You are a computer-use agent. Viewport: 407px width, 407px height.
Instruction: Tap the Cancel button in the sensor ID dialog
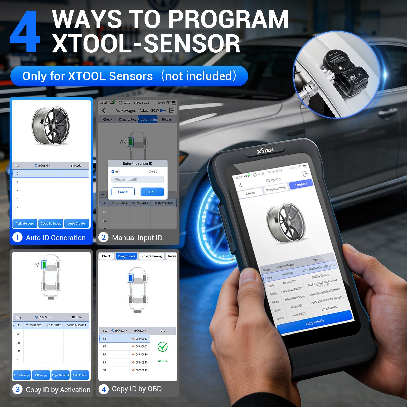click(x=123, y=192)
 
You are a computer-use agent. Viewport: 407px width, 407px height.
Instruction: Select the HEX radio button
click(x=113, y=172)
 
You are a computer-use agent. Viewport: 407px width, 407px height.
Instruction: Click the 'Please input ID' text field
click(x=137, y=180)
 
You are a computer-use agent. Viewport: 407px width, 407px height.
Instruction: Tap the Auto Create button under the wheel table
click(x=77, y=224)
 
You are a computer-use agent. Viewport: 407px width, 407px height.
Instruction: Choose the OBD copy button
click(x=41, y=375)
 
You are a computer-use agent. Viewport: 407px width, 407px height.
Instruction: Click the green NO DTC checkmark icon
click(x=163, y=347)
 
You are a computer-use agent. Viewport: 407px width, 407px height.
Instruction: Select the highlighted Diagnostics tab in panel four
click(x=126, y=256)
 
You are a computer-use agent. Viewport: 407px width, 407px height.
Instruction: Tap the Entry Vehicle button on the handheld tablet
click(x=315, y=322)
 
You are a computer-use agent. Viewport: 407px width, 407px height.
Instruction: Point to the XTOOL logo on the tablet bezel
click(x=266, y=151)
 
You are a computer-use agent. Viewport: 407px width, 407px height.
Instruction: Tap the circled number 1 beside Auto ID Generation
click(x=18, y=238)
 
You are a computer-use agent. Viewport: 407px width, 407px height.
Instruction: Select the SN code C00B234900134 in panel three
click(x=76, y=325)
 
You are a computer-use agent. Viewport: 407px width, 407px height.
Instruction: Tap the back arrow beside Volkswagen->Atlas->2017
click(x=104, y=110)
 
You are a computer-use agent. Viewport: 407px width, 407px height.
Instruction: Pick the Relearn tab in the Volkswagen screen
click(x=167, y=119)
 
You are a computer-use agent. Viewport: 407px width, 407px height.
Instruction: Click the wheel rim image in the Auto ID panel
click(x=51, y=126)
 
